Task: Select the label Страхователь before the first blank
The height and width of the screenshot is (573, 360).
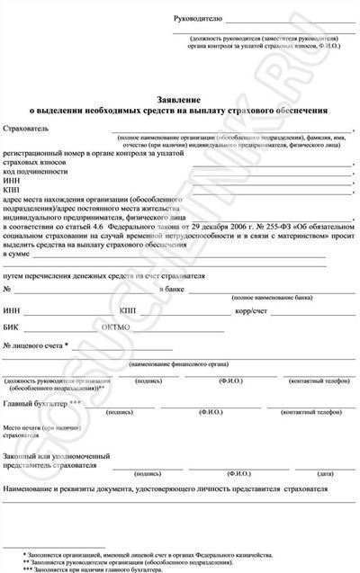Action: pos(24,130)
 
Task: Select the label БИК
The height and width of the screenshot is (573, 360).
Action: pos(12,327)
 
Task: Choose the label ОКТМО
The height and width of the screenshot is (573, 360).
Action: pos(118,327)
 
